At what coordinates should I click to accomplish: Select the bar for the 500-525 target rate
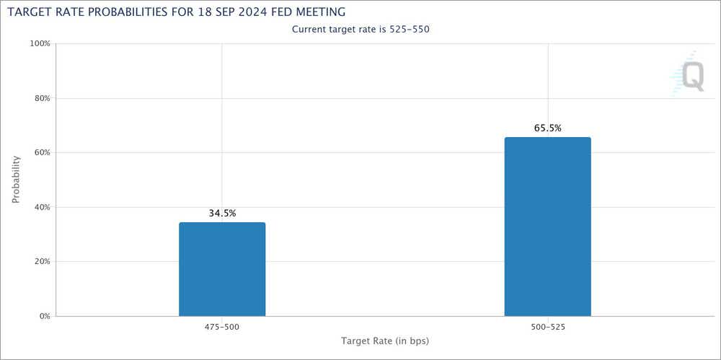click(547, 227)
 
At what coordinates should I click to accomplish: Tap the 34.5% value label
click(222, 214)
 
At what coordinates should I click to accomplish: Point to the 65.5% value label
click(547, 128)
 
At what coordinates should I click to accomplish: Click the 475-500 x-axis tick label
click(222, 327)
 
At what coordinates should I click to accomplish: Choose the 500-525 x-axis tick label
click(547, 327)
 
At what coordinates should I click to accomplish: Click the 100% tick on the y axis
click(39, 44)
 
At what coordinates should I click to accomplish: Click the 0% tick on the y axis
click(43, 316)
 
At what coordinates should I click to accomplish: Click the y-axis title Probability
click(16, 180)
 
